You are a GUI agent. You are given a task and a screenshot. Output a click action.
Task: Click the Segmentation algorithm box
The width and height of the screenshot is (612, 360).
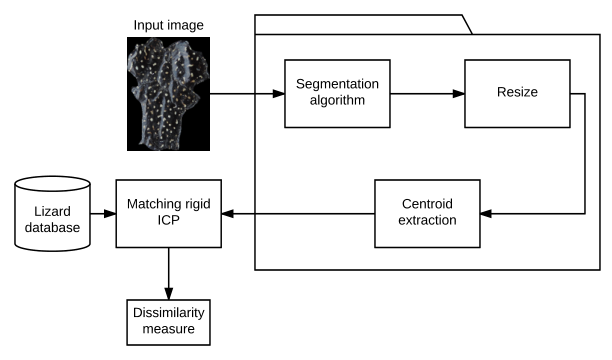[337, 94]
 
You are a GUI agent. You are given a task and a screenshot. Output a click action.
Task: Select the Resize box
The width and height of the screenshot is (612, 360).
[517, 94]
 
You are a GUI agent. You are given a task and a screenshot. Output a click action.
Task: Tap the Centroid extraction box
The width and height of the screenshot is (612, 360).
[427, 214]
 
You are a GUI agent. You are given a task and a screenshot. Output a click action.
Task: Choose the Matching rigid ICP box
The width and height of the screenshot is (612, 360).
[169, 214]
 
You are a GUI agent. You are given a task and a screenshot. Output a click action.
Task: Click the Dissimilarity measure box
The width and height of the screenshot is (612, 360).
[169, 323]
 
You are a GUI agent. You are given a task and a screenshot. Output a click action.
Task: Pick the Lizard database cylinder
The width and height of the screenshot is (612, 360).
[52, 214]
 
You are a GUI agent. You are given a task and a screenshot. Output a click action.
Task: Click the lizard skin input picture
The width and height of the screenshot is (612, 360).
[168, 94]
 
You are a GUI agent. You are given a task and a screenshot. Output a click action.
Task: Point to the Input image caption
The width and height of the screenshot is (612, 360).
[168, 25]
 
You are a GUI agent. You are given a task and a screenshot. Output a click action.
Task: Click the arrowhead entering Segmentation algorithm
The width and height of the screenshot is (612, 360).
[279, 94]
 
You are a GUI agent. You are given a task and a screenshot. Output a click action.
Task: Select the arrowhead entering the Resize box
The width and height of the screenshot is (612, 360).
[459, 94]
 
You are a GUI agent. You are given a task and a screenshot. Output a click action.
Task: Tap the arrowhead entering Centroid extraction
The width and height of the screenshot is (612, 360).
[486, 214]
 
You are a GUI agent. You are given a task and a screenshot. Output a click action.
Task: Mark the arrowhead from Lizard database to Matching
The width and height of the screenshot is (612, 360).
[110, 214]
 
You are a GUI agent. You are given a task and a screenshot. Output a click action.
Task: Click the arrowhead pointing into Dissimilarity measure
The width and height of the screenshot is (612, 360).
[169, 294]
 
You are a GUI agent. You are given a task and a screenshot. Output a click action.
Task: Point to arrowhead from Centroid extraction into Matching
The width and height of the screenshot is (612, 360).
[228, 214]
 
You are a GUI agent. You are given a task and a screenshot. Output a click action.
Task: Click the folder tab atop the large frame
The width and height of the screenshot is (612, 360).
[363, 25]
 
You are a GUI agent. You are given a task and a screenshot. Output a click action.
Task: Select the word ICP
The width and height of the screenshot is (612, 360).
[169, 220]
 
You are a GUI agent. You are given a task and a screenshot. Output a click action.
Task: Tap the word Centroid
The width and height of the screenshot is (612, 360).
[427, 204]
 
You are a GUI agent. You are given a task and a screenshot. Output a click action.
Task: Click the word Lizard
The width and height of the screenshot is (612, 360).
[52, 211]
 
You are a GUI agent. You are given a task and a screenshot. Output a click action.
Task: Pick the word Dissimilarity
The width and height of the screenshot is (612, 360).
[169, 313]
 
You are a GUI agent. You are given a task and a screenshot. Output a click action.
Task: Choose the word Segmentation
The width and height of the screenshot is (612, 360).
[337, 84]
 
